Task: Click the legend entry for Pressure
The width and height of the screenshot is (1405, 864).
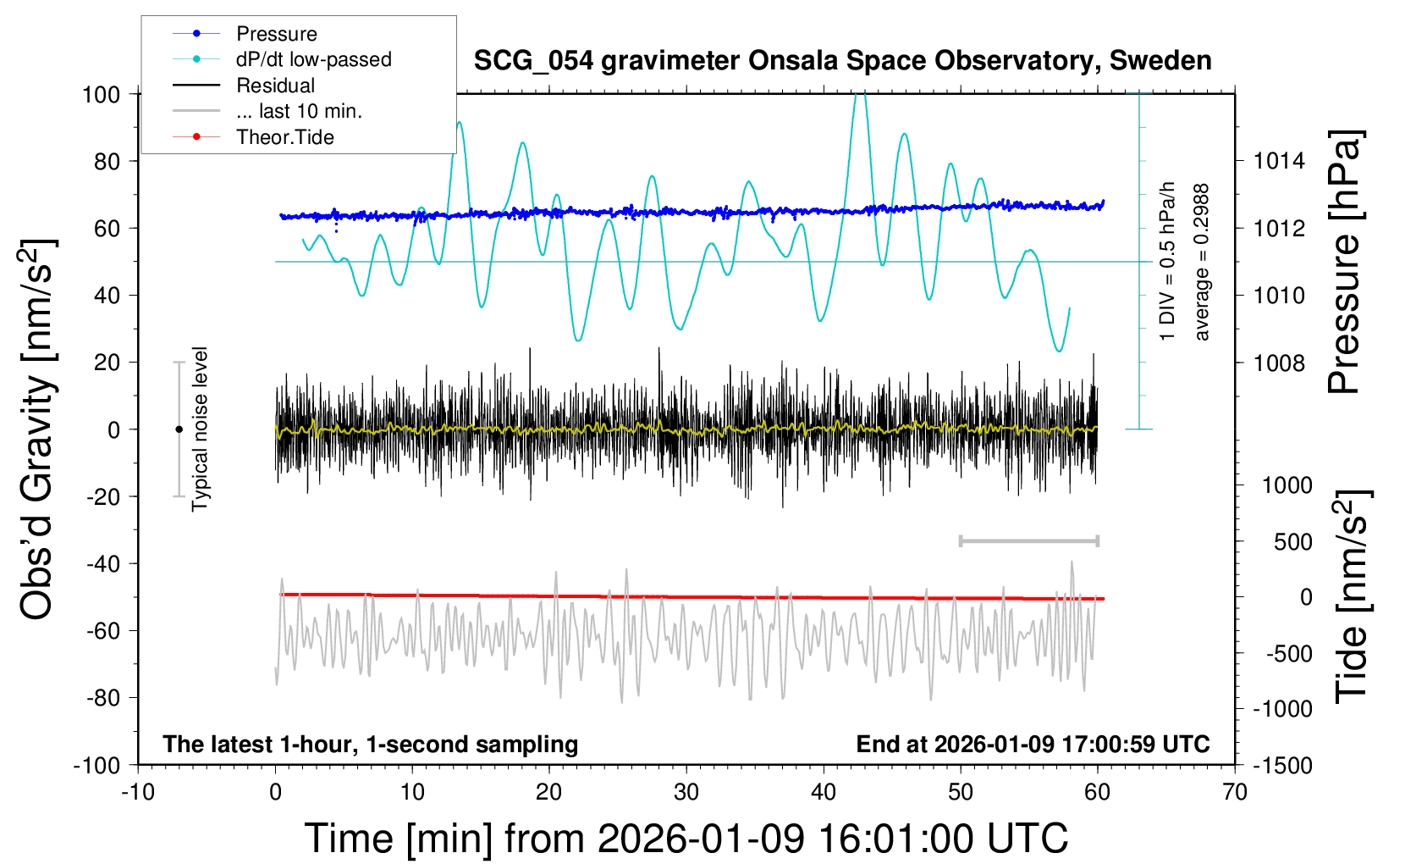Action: click(276, 34)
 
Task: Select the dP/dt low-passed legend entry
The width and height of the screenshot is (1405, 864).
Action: click(313, 59)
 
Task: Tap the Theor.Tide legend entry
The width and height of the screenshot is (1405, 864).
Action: click(284, 137)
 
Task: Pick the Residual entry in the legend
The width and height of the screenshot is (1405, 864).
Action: click(275, 86)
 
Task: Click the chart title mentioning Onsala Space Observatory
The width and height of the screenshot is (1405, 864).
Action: click(842, 61)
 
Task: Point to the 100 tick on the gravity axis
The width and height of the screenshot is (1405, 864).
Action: click(101, 94)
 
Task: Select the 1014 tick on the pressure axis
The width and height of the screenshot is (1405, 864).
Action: click(1280, 161)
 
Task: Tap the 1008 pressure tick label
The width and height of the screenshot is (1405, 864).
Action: click(1280, 363)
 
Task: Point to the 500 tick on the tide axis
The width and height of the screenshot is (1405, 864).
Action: click(1292, 542)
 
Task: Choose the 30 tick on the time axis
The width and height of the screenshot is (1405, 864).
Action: click(686, 793)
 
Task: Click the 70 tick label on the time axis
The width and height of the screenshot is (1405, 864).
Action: click(1235, 793)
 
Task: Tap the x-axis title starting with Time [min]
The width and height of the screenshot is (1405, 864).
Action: click(686, 839)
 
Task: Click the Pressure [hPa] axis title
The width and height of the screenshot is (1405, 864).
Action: click(1344, 263)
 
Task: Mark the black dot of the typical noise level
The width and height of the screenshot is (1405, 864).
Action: click(179, 429)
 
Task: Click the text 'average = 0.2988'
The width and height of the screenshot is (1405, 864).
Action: click(1202, 263)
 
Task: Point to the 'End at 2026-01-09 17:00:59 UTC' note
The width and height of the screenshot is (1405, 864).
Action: click(1033, 745)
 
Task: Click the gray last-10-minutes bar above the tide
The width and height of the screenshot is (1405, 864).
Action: click(1028, 541)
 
